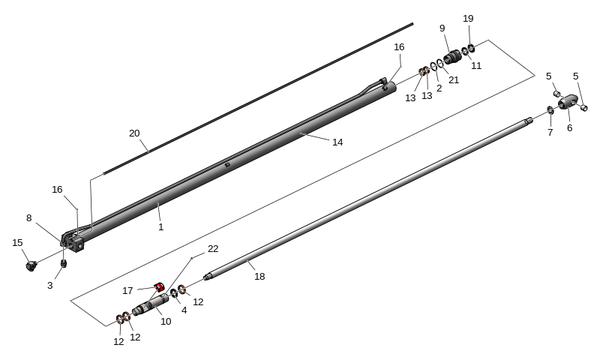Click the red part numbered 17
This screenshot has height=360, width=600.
point(159,287)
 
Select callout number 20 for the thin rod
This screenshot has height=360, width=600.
point(134,134)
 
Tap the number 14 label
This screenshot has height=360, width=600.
point(338,142)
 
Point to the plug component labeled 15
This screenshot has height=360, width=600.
point(31,265)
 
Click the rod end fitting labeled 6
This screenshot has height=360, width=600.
point(567,102)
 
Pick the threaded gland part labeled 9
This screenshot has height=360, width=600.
point(452,58)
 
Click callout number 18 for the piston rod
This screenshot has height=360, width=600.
point(259,276)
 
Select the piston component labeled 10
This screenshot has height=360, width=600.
point(151,303)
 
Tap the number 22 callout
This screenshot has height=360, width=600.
point(213,249)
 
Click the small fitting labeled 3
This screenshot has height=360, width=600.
point(64,264)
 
